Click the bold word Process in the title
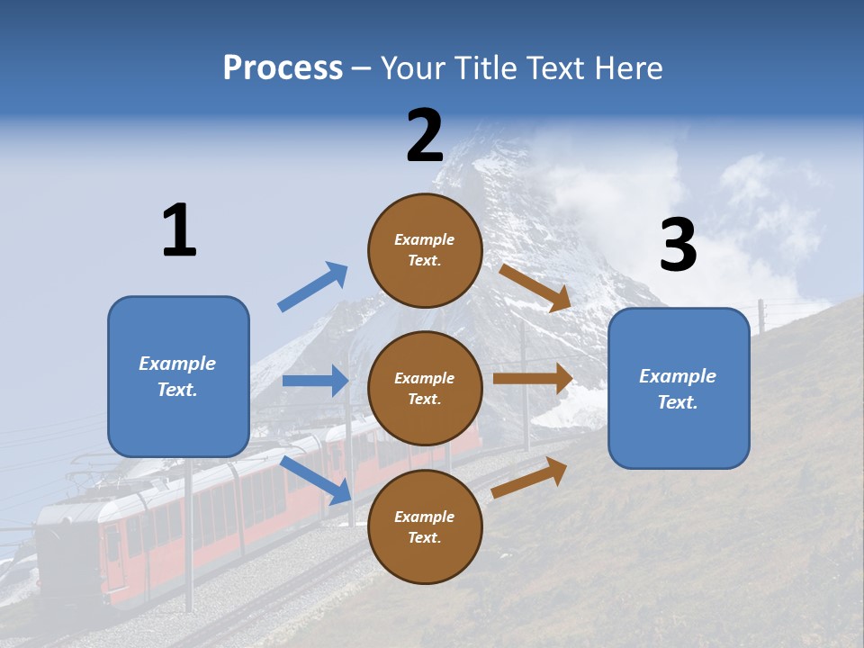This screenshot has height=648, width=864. coord(283,68)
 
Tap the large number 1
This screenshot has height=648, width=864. coord(179,230)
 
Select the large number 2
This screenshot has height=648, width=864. coord(425,136)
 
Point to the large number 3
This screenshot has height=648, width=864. coord(678,246)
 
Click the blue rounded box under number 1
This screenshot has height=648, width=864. coord(178,376)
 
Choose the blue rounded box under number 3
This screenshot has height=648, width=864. coord(679,388)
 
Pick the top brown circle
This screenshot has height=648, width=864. coord(425,250)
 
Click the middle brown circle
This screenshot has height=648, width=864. coord(425,388)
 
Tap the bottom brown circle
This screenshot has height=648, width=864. coord(425,526)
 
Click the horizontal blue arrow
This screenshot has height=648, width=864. coord(315,381)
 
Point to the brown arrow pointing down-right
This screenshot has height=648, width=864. coord(535,287)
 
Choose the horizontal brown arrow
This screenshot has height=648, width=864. coord(533,379)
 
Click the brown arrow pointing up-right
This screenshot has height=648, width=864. coord(530,477)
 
